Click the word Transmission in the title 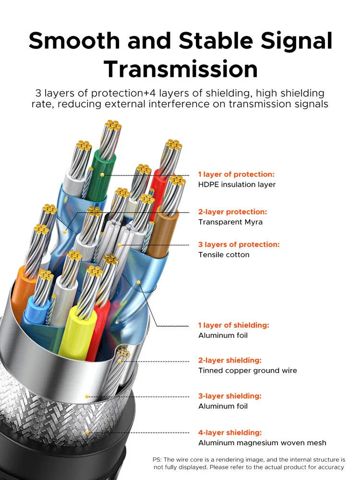[180, 69]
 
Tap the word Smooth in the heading [74, 41]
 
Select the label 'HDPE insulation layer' [237, 185]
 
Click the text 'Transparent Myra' [230, 222]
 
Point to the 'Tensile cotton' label [224, 255]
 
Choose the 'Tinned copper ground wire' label [248, 371]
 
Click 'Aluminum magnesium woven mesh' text [263, 443]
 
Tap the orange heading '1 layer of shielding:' [234, 325]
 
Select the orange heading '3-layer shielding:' [230, 396]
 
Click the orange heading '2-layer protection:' [233, 212]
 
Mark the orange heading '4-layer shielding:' [230, 432]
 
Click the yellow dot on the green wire [102, 175]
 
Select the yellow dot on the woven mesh [87, 432]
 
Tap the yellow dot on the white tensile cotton [120, 245]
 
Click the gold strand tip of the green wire [113, 125]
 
